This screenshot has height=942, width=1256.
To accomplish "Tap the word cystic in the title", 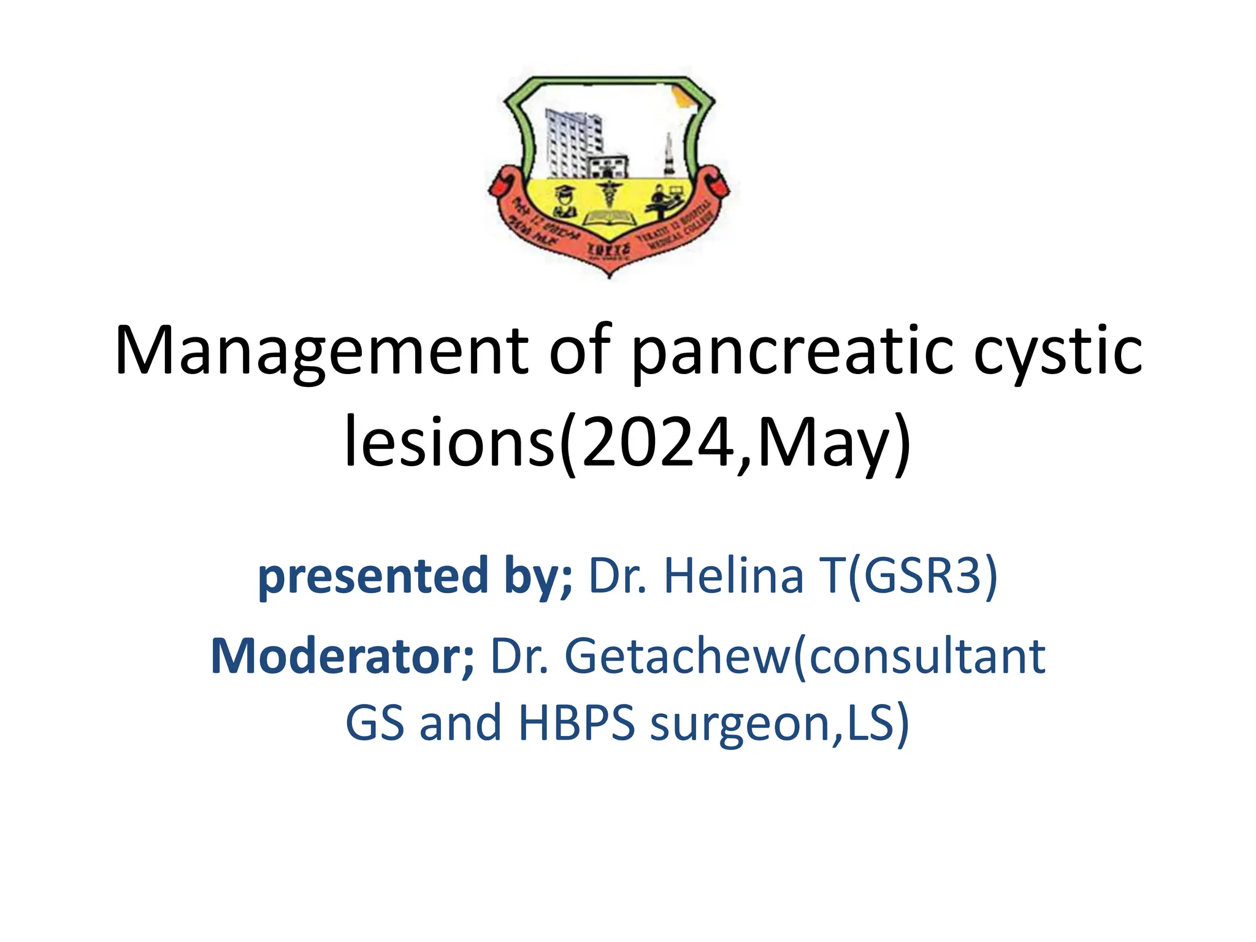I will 1058,351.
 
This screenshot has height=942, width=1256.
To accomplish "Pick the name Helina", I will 733,576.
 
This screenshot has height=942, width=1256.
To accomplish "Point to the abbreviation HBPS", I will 576,724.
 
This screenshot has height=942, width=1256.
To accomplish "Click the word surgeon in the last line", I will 740,724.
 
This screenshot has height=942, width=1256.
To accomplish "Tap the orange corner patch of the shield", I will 681,98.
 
